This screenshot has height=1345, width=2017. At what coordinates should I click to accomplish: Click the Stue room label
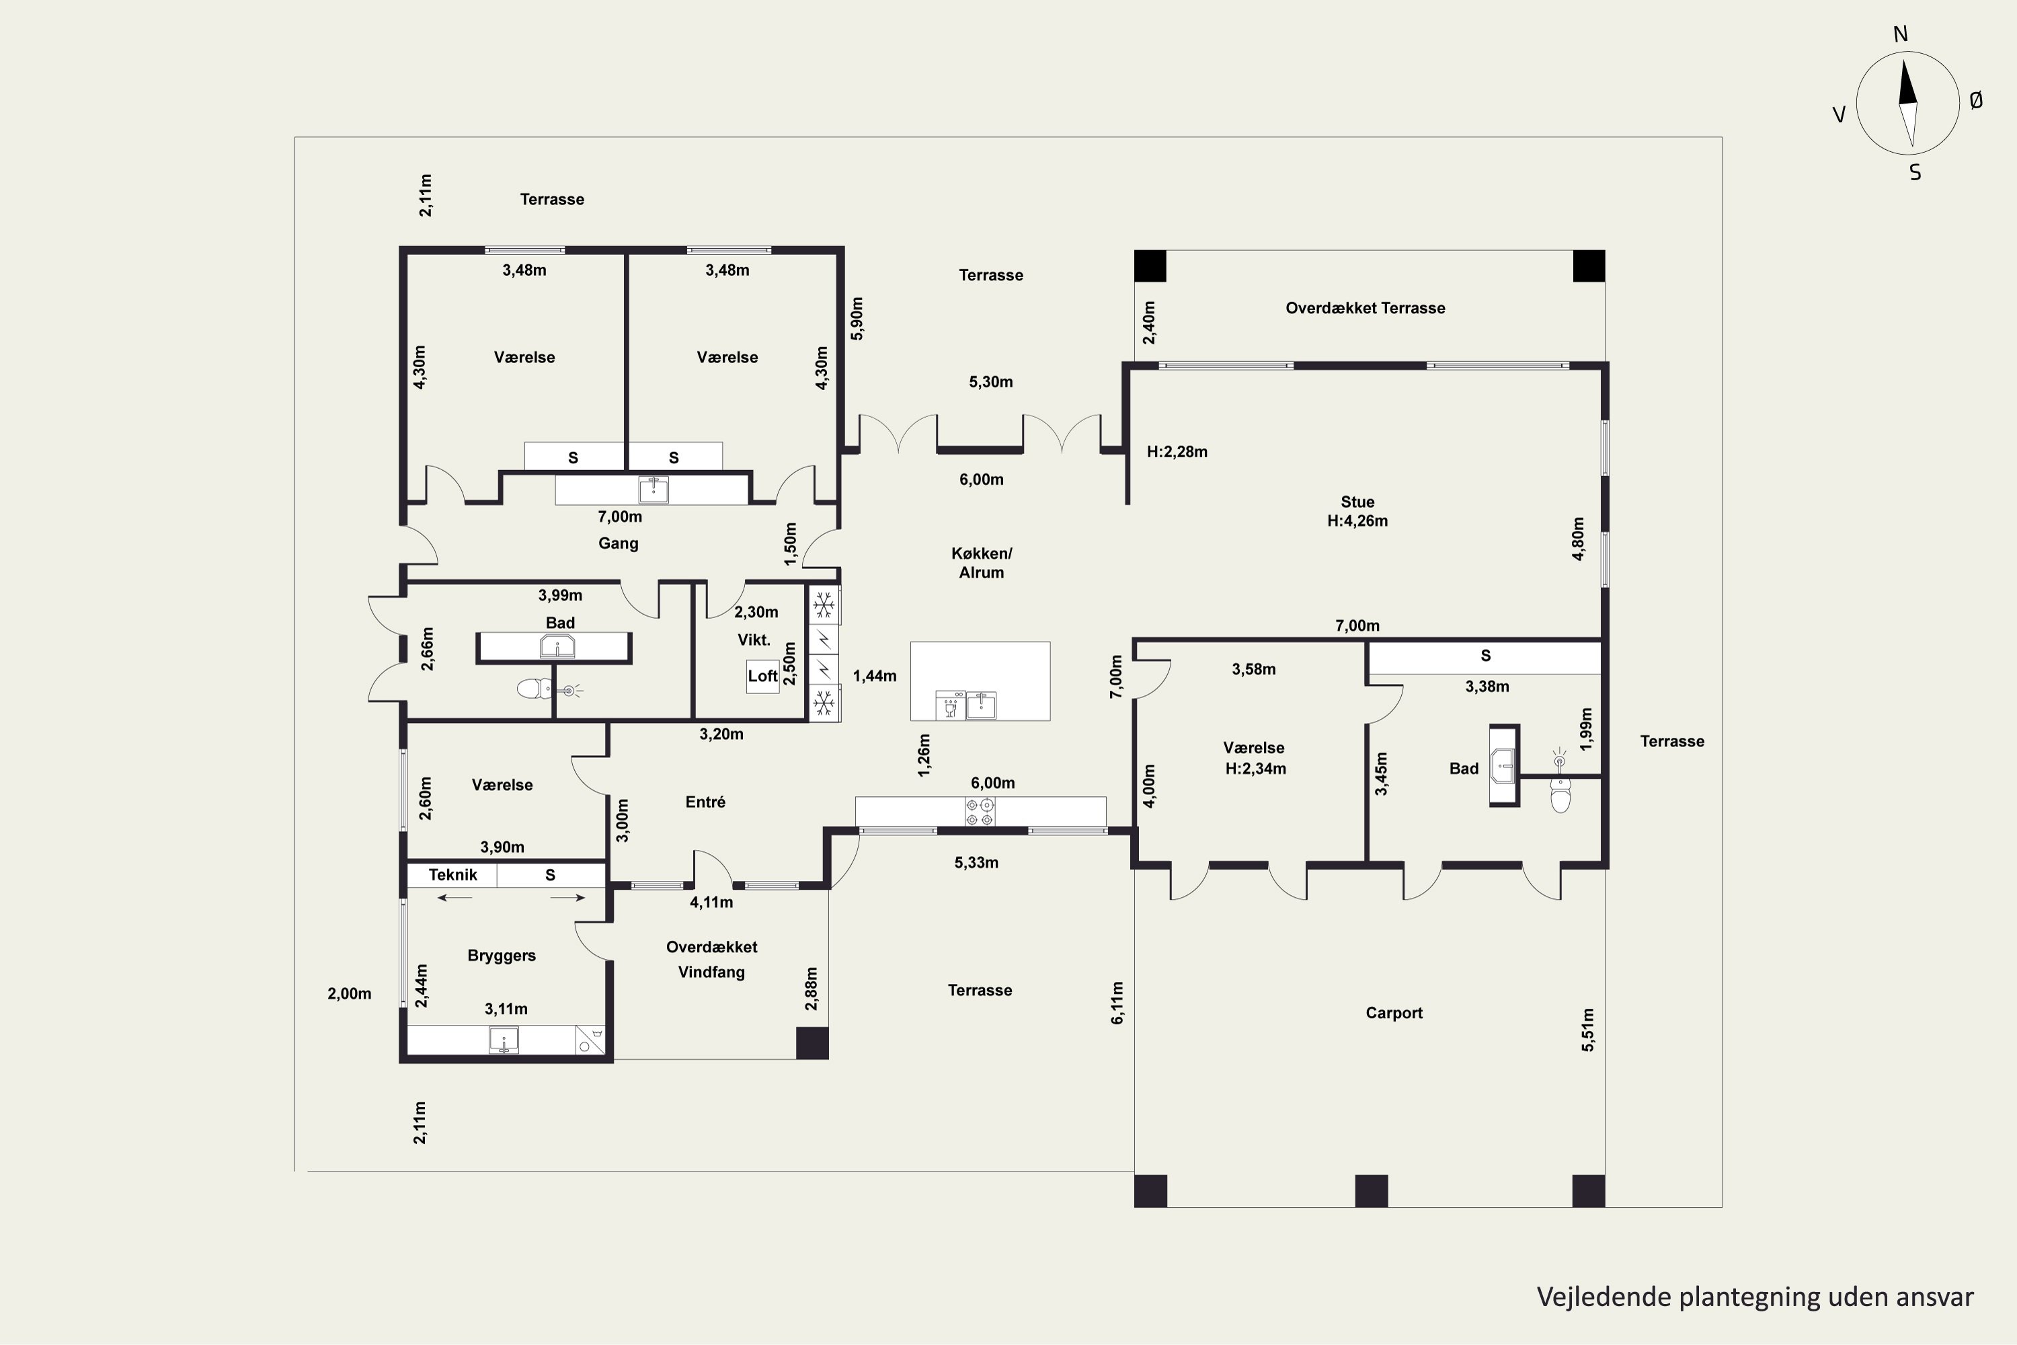[1357, 502]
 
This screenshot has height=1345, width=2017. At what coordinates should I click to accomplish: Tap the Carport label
[1394, 1013]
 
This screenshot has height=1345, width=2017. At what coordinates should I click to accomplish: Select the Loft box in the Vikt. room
[762, 676]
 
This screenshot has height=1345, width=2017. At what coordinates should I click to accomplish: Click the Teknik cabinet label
[452, 875]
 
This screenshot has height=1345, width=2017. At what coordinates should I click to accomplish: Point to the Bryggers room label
[502, 956]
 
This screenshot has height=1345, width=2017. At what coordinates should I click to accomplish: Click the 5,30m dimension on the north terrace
[990, 382]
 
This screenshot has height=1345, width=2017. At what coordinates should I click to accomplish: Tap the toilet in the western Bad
[535, 688]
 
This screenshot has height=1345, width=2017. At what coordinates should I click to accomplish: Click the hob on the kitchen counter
[980, 812]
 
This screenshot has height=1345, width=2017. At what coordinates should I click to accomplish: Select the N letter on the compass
[1901, 34]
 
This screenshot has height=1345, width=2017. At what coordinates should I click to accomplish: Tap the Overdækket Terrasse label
[1366, 308]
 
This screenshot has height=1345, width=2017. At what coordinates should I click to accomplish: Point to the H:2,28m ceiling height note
[1177, 452]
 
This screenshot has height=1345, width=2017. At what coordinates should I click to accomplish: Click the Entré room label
[705, 802]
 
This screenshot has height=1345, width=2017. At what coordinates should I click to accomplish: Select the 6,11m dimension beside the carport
[1117, 1003]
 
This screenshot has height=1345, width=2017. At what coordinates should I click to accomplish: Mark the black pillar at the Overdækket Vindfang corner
[812, 1043]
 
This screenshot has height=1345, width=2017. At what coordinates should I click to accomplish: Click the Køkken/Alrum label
[981, 563]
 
